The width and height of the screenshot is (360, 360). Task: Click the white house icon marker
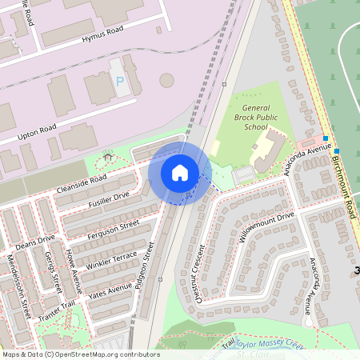tap(179, 173)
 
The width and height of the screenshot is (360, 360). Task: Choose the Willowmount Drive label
tap(266, 227)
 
